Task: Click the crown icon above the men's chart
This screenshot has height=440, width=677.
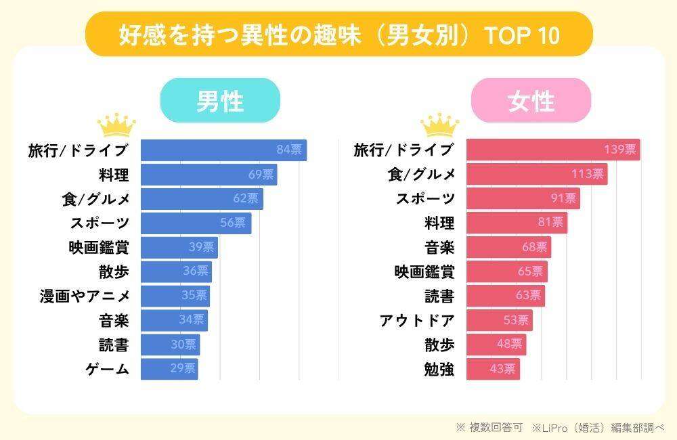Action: tap(116, 125)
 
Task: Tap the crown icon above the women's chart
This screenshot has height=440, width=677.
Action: tap(439, 125)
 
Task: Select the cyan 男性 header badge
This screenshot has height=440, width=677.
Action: tap(220, 101)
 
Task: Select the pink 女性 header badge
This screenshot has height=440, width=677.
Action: tap(531, 101)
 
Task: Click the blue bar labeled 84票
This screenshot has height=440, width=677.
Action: tap(223, 150)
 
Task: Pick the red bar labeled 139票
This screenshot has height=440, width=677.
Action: tap(552, 150)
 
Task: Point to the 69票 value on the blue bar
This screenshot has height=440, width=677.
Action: tap(261, 175)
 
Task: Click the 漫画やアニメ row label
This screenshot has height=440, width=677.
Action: tap(84, 296)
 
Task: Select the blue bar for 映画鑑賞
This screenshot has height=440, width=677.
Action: tap(179, 248)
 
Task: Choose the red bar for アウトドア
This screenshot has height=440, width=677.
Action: tap(499, 321)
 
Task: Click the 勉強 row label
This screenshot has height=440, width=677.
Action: tap(439, 370)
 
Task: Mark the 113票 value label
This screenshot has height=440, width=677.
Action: tap(587, 175)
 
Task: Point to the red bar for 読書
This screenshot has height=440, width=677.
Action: tap(505, 296)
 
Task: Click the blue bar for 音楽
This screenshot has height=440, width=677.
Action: tap(174, 321)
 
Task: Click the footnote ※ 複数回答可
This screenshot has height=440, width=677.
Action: tap(489, 427)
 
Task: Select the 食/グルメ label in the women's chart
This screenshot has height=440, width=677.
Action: tap(420, 175)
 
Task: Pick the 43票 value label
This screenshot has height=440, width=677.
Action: tap(502, 370)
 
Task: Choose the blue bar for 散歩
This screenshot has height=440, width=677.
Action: tap(176, 272)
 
